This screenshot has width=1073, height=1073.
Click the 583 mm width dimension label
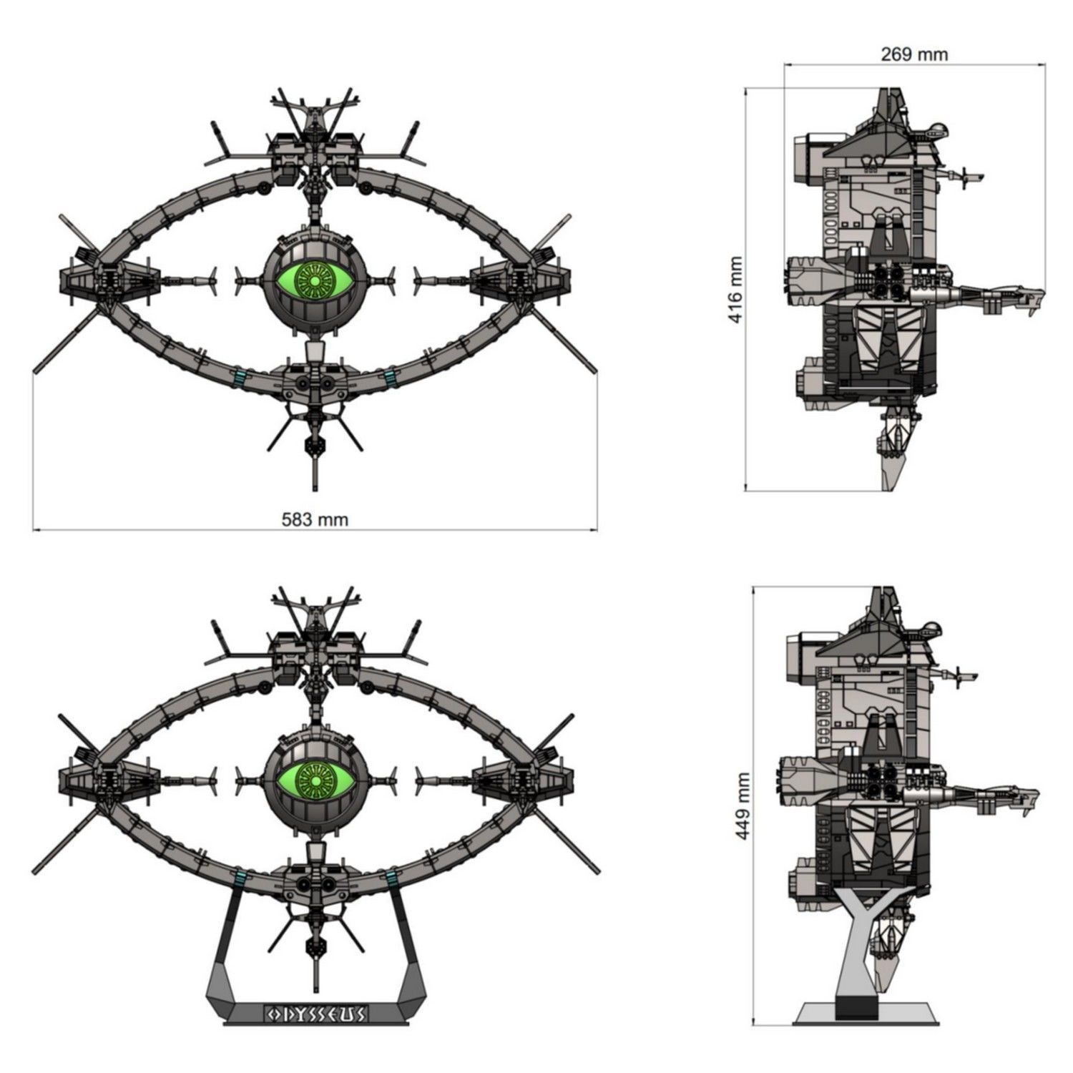(x=315, y=519)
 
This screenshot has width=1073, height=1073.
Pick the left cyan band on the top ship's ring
(x=240, y=376)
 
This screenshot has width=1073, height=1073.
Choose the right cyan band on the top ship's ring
(x=391, y=376)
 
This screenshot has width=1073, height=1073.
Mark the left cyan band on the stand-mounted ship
(x=240, y=876)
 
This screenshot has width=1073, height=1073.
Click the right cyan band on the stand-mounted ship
(x=391, y=876)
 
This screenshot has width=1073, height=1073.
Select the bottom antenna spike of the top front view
(x=315, y=476)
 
